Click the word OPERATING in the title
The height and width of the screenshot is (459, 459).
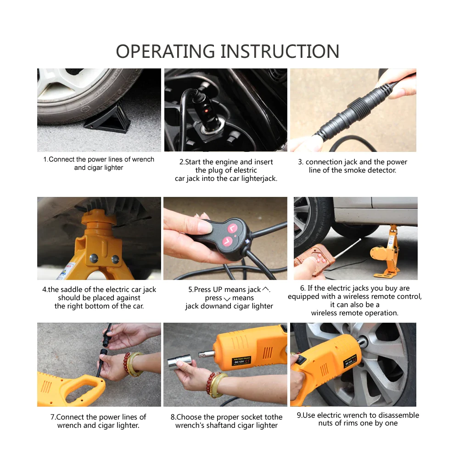pyautogui.click(x=165, y=51)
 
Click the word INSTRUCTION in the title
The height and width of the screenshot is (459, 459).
pyautogui.click(x=280, y=51)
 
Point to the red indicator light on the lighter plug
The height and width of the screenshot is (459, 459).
pyautogui.click(x=206, y=111)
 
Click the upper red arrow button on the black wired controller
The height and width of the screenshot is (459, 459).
pyautogui.click(x=233, y=228)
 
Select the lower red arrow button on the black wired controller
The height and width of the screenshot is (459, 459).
pyautogui.click(x=227, y=242)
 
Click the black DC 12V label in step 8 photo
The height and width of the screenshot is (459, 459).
pyautogui.click(x=241, y=361)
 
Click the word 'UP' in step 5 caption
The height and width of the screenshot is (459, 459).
pyautogui.click(x=218, y=290)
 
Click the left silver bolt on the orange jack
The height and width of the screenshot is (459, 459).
pyautogui.click(x=94, y=258)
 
